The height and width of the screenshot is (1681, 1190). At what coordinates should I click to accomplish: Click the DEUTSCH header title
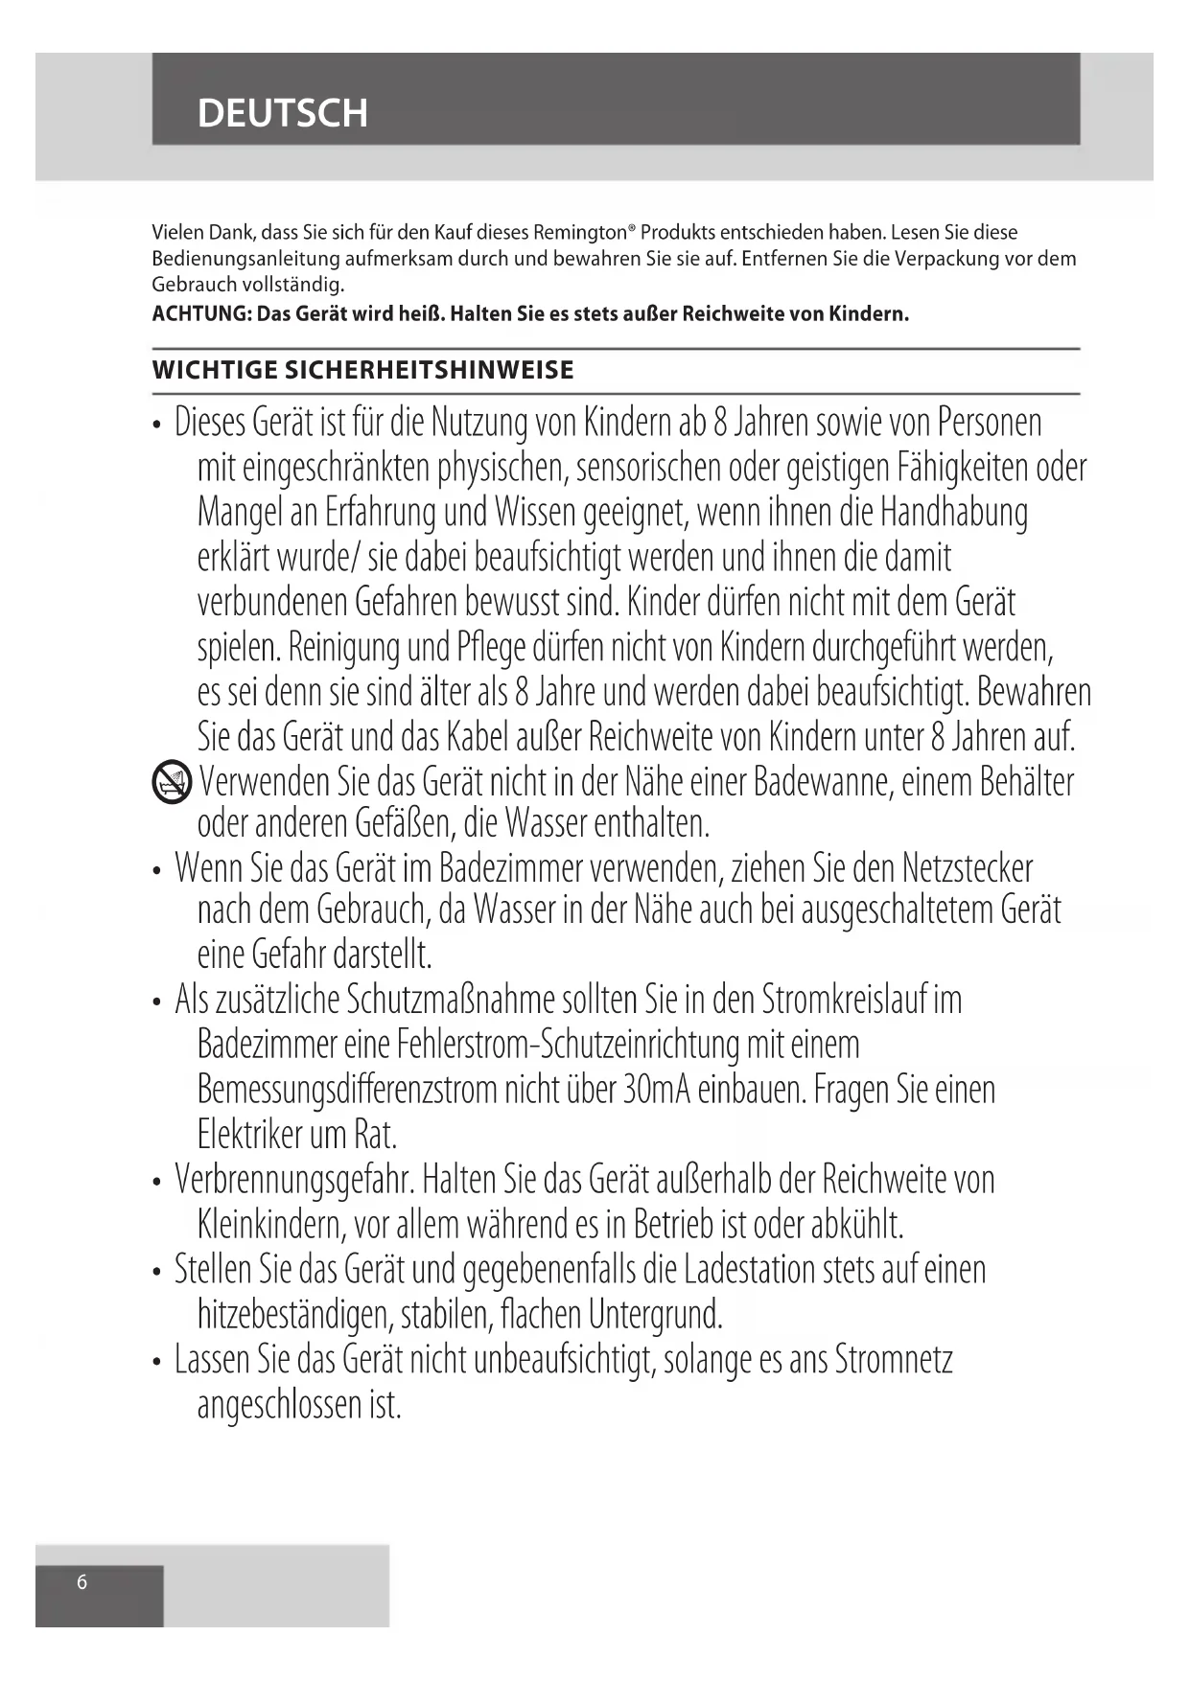coord(282,113)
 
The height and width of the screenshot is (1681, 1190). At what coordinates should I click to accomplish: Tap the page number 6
coord(82,1581)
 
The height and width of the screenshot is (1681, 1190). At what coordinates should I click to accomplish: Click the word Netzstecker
coord(968,868)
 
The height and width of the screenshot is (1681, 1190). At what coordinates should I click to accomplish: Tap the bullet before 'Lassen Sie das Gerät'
coord(157,1362)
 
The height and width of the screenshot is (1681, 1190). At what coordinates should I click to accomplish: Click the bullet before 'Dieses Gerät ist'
coord(157,425)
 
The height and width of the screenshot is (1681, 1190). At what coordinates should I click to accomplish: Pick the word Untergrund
coord(655,1314)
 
